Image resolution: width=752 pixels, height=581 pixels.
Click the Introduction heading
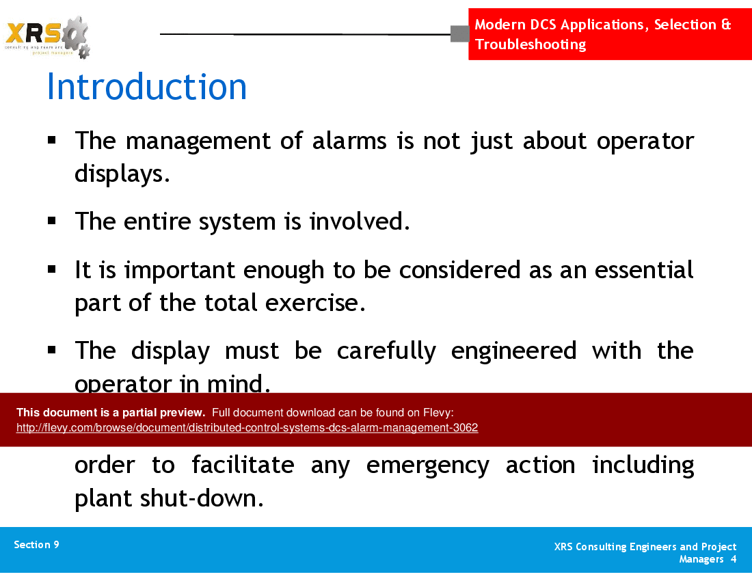click(x=146, y=87)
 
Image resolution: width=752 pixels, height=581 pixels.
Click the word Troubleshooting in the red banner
click(x=531, y=44)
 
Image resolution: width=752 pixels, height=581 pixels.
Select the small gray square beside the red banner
click(x=459, y=33)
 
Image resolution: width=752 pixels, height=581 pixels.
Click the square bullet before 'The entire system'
click(x=52, y=221)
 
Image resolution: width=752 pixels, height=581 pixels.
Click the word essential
click(x=644, y=270)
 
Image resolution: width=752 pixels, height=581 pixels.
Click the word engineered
click(x=513, y=351)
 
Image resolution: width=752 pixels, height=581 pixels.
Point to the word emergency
click(x=427, y=465)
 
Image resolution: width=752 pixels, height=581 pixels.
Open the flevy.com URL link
click(x=247, y=428)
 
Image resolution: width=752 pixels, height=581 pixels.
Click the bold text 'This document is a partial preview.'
click(x=111, y=412)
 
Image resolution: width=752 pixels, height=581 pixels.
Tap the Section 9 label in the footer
click(x=36, y=545)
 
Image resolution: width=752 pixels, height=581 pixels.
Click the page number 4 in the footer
click(x=733, y=559)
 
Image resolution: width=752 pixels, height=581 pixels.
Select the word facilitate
click(x=243, y=465)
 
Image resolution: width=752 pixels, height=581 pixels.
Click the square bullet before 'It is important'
click(x=52, y=270)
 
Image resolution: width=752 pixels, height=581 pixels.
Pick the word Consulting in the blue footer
click(x=602, y=547)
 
